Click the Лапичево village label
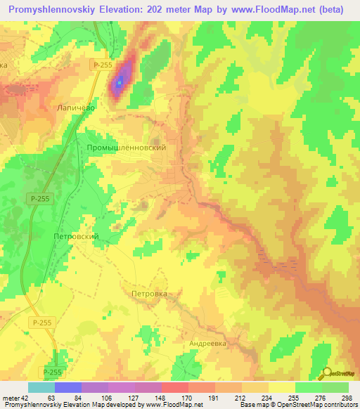(75, 109)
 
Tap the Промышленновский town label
(127, 148)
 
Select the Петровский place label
(76, 237)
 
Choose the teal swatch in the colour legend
(41, 387)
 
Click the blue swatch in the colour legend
(68, 387)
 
